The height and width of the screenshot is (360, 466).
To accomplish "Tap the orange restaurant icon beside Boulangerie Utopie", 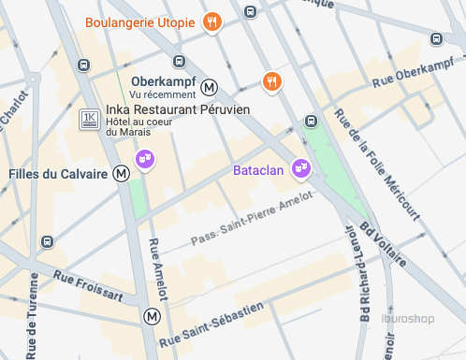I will click(213, 22).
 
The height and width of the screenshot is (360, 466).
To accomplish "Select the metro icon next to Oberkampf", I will click(211, 87).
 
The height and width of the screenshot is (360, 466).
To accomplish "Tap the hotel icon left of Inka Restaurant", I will click(90, 120).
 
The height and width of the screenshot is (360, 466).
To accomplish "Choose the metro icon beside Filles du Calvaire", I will click(121, 173).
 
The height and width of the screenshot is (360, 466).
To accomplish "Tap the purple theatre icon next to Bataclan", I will click(300, 168).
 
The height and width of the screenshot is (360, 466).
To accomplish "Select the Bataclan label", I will click(259, 171).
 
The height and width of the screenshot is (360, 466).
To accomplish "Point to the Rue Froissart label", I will click(88, 285).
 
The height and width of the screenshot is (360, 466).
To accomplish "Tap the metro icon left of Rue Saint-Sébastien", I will click(152, 317).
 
